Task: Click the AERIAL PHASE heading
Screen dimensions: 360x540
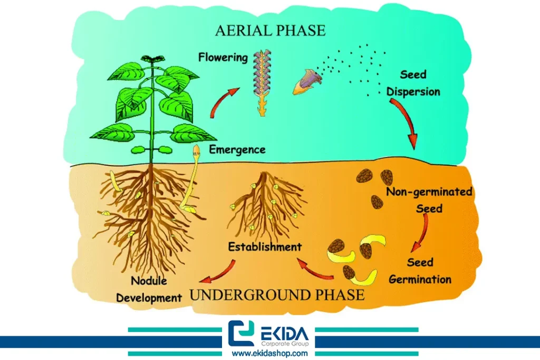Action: pyautogui.click(x=270, y=30)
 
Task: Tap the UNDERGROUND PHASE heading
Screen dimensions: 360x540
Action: pyautogui.click(x=277, y=294)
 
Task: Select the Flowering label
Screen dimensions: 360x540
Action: pyautogui.click(x=223, y=57)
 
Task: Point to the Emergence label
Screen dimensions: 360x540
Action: pyautogui.click(x=237, y=149)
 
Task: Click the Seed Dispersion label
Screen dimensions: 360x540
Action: pyautogui.click(x=413, y=83)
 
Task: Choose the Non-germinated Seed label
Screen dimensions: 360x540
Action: pyautogui.click(x=429, y=200)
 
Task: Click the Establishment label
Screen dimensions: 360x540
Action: pyautogui.click(x=265, y=246)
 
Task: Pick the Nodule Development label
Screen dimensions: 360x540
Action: pyautogui.click(x=149, y=289)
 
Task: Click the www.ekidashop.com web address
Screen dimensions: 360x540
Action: pyautogui.click(x=269, y=353)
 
